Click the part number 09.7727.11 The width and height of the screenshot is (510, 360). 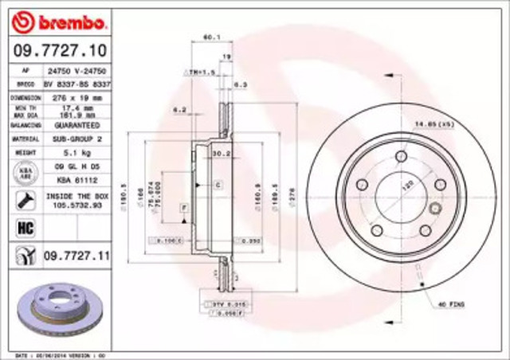point(75,256)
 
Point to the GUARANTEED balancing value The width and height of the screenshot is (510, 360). point(76,126)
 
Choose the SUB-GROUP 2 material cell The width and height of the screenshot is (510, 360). point(76,139)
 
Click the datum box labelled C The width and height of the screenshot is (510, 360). point(216,185)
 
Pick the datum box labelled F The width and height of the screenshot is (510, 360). point(183,207)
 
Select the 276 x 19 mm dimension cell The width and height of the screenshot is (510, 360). point(76,97)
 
